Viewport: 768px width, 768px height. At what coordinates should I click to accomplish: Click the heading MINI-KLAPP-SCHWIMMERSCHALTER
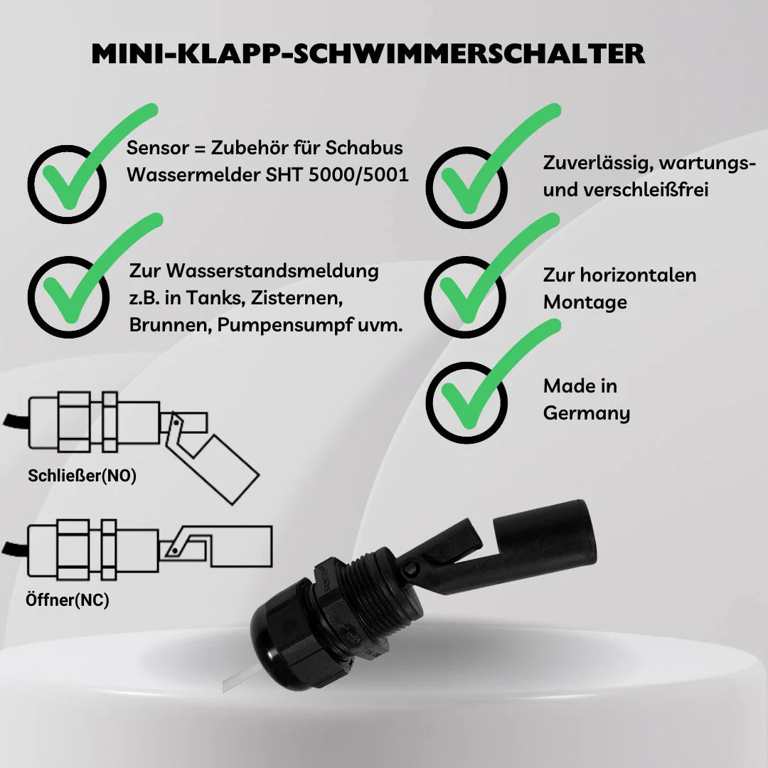tap(368, 54)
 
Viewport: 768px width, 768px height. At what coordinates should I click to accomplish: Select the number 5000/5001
tap(359, 175)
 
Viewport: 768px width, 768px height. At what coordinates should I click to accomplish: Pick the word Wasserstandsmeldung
tap(272, 271)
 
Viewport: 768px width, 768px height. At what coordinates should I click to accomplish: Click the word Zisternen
tap(297, 298)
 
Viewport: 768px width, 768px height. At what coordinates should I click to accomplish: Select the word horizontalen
tap(638, 274)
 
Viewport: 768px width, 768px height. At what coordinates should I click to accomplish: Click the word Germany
tap(586, 413)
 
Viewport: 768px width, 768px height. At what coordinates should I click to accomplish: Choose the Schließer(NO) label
tap(82, 476)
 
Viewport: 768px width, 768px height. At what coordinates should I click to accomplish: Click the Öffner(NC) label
tap(67, 600)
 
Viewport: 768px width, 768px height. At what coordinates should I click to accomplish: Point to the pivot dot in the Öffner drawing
tap(175, 552)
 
